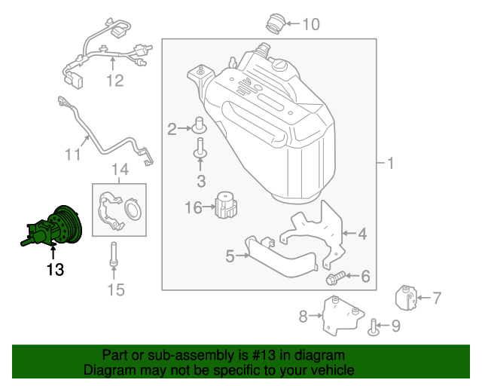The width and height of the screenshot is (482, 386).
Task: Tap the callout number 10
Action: pos(310,24)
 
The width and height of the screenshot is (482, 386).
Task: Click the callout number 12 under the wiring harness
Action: pos(114,80)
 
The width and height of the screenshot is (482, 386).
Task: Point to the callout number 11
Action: pos(72,155)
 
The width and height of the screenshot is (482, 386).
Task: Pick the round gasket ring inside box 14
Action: pos(133,208)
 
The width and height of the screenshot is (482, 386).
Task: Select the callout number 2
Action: pos(172,130)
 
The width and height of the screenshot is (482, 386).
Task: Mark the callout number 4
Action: pos(362,234)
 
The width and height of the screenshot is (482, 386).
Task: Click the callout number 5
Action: pos(230,256)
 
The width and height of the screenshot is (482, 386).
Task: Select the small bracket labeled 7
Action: pos(406,298)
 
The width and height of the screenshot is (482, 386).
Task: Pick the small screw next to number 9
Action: pos(374,326)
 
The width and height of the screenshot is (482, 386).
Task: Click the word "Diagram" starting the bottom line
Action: pos(108,370)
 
